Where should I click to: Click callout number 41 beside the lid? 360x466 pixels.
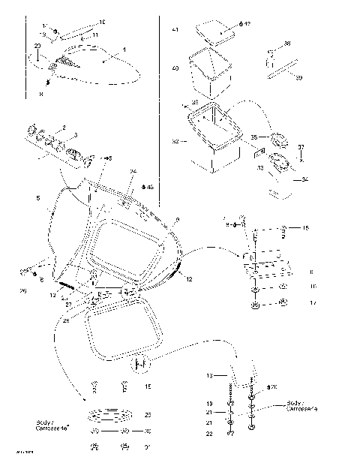pos(175,31)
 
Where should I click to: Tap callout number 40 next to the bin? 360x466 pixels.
pos(175,68)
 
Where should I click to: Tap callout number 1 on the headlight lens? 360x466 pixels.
pos(124,49)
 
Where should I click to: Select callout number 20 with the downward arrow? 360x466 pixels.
pos(37,47)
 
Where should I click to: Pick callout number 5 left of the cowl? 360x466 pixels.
pos(37,198)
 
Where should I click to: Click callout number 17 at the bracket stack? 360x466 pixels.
pos(313,302)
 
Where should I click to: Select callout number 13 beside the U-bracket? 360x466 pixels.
pos(211,374)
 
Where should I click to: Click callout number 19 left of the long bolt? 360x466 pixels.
pos(211,404)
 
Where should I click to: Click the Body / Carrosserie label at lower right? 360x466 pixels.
pos(303,406)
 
